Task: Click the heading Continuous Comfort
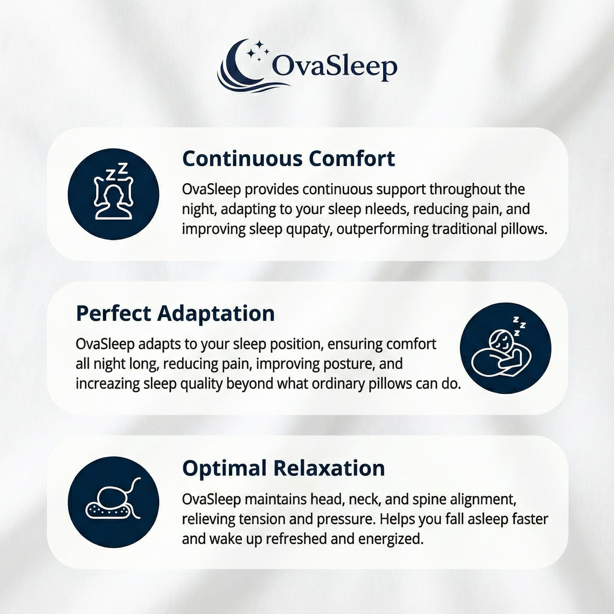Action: (289, 159)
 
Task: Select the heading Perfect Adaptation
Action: (175, 313)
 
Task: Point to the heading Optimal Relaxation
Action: (283, 468)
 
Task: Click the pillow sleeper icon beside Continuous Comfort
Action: (113, 193)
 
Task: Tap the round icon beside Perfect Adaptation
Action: (506, 348)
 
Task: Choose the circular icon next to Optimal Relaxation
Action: (113, 502)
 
